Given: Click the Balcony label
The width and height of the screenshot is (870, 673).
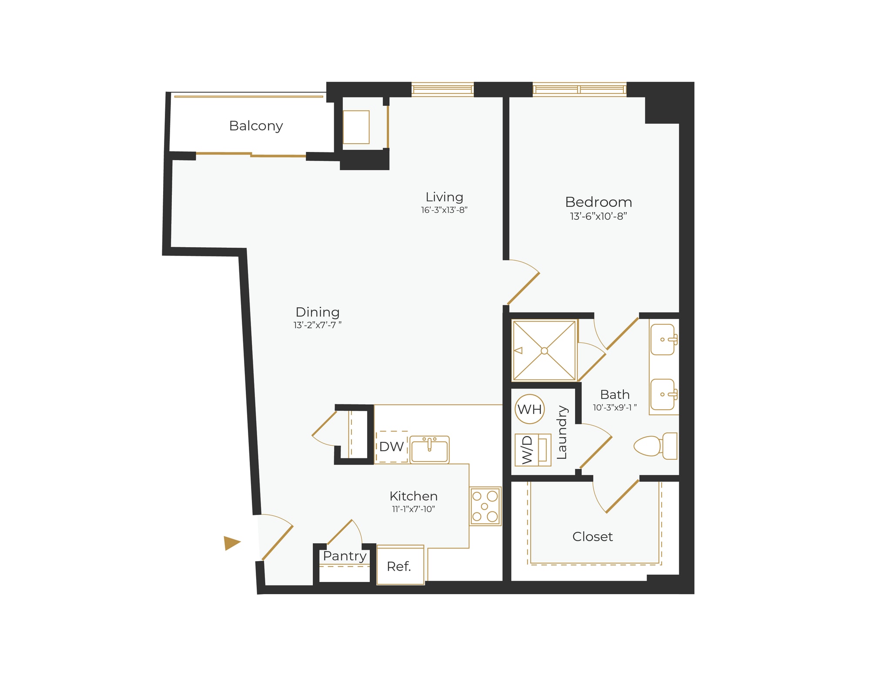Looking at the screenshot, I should [x=256, y=126].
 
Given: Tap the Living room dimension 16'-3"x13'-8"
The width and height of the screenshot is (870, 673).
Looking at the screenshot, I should [x=444, y=210].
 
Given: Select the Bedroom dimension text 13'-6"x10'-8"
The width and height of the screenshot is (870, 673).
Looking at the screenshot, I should [x=598, y=216].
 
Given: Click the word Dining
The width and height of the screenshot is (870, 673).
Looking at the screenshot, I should [x=317, y=312].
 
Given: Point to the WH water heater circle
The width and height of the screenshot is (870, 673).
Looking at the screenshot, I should [x=529, y=409].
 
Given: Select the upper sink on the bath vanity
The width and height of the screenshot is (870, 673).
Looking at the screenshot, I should [x=663, y=340].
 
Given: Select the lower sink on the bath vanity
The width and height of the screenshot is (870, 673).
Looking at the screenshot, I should [x=663, y=394].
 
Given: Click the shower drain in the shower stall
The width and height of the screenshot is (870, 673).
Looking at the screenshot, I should [x=544, y=351].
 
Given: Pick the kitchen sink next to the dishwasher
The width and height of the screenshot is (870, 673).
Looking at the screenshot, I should [x=429, y=450].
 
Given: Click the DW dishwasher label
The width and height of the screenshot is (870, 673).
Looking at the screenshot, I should [x=391, y=447].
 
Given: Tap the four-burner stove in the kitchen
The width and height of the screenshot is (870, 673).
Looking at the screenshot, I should [x=485, y=506].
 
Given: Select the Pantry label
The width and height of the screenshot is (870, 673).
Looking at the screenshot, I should [x=345, y=556].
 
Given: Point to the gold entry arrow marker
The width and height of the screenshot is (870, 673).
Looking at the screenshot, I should [x=231, y=543].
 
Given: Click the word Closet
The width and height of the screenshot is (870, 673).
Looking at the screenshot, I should [x=592, y=537].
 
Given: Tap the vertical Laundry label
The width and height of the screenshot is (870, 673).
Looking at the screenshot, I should [x=562, y=432].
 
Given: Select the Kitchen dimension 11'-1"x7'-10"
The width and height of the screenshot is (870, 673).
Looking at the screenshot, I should [x=413, y=509].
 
